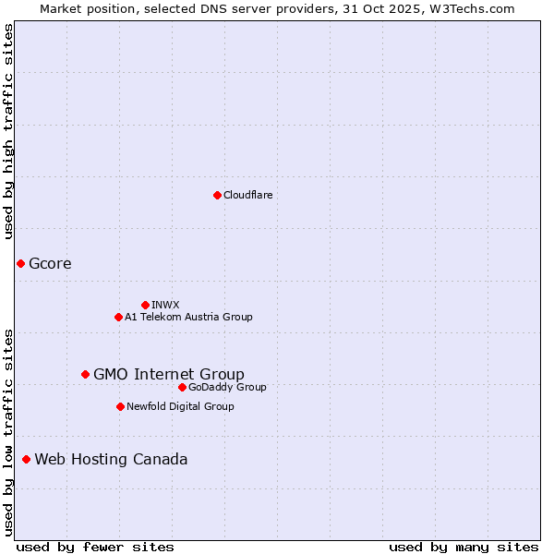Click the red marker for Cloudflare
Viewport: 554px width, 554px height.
coord(217,195)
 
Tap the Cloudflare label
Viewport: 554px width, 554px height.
coord(247,195)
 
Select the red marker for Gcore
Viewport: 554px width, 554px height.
coord(20,264)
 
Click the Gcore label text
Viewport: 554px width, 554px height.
coord(50,264)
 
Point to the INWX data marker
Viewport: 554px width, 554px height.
coord(145,305)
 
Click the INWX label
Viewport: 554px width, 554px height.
coord(165,305)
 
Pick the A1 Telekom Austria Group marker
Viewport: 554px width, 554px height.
coord(118,317)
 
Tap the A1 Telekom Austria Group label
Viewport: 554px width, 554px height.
coord(188,317)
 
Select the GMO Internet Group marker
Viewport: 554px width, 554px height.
coord(85,374)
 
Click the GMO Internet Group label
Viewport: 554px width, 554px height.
coord(169,374)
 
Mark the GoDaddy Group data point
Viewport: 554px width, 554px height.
coord(182,387)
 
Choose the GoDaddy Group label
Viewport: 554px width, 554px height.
coord(227,387)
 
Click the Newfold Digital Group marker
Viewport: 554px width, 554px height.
coord(120,406)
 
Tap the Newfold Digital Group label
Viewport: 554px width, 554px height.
coord(180,406)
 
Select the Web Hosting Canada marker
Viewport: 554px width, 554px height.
coord(26,459)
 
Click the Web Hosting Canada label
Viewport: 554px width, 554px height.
coord(111,459)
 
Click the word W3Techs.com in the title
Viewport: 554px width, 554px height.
coord(476,8)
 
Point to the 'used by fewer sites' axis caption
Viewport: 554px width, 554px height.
coord(95,547)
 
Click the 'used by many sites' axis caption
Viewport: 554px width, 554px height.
coord(464,547)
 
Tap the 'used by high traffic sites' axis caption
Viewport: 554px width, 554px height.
coord(9,132)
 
